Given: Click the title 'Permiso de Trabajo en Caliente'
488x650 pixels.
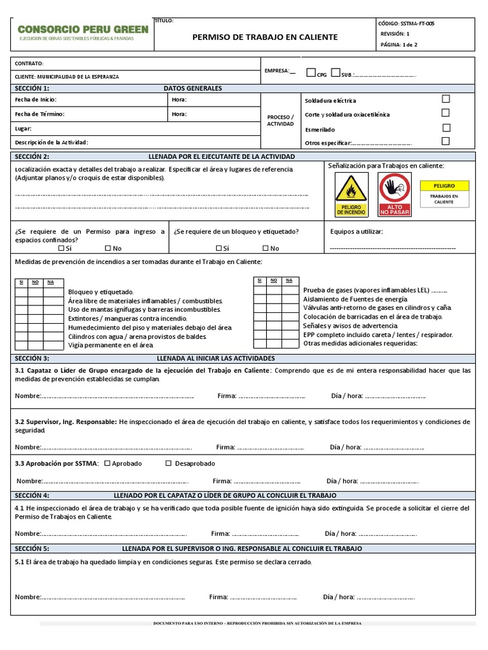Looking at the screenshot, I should [265, 37].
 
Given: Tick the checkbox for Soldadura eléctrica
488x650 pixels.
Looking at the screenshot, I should [445, 99].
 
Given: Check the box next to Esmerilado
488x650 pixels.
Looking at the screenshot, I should [445, 127].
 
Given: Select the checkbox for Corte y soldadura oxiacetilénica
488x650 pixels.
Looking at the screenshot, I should [445, 113].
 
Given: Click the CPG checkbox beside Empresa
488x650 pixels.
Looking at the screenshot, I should [311, 72].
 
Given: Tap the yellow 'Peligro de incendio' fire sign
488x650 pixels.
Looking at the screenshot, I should [351, 195].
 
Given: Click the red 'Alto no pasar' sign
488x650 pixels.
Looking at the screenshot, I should [395, 195].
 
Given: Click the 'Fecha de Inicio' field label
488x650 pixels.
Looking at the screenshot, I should [36, 100].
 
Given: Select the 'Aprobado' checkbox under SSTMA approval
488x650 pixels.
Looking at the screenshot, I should [107, 463].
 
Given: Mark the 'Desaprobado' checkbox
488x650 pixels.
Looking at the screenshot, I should [168, 463].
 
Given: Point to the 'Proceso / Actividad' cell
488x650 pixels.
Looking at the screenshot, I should [280, 121].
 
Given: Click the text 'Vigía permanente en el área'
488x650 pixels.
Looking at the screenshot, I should [111, 345].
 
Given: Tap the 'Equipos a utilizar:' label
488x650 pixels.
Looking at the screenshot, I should [356, 232].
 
